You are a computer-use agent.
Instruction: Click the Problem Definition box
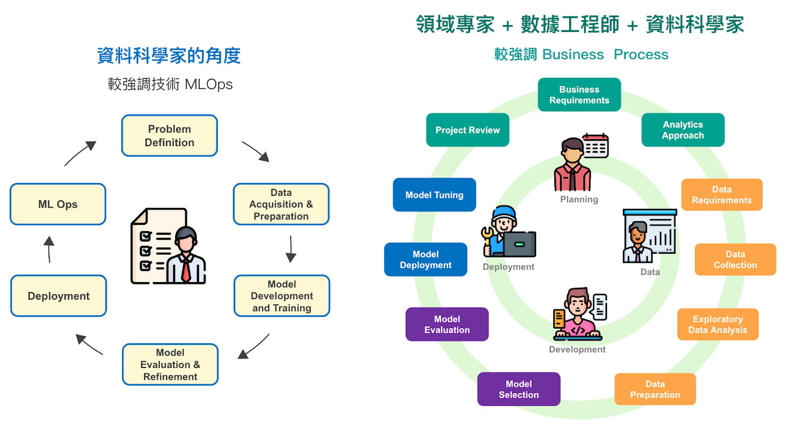coord(169,136)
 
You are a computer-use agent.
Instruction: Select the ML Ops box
coord(58,204)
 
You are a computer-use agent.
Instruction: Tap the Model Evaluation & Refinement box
coord(170,365)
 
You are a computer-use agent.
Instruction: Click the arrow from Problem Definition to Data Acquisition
coord(256,152)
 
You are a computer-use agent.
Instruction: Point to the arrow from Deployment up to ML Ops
coord(49,249)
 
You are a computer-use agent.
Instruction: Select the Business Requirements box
coord(579,95)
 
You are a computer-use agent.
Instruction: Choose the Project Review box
coord(468,130)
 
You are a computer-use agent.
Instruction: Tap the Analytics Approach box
coord(683,130)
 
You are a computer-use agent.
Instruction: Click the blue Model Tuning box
coord(435,195)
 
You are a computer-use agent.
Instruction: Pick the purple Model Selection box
coord(519,389)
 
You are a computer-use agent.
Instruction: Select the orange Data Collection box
coord(735,260)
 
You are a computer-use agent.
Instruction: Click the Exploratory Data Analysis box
coord(718,324)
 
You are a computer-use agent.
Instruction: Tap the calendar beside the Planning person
coord(596,146)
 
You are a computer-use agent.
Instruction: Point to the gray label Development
coord(577,350)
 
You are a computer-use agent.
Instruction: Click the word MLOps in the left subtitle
coord(209,85)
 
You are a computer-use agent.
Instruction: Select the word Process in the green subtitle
coord(641,55)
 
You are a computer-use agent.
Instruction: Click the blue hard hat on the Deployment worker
coord(504,214)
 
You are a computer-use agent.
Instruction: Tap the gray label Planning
coord(579,200)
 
